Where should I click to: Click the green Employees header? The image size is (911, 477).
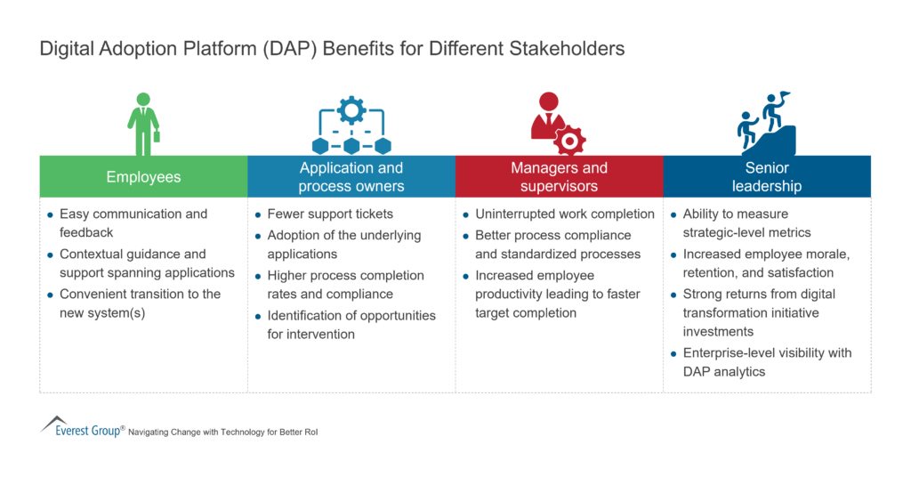pos(143,177)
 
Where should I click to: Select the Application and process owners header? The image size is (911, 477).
pos(351,177)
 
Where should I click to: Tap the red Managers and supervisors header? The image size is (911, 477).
pos(559,177)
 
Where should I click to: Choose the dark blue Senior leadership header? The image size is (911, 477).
pos(766,177)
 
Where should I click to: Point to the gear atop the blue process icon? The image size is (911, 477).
pos(351,109)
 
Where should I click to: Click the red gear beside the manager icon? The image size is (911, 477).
pos(569,140)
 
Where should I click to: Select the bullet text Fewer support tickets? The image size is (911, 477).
pos(329,214)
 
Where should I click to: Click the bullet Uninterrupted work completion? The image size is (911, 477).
pos(564,214)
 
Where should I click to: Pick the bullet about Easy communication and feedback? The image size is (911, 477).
pos(133,223)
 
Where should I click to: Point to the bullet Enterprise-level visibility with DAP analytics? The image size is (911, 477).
pos(767,362)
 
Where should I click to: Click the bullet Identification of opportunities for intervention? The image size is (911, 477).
pos(351,325)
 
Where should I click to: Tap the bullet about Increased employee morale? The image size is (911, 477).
pos(765,263)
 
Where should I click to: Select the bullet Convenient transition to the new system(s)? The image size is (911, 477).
pos(140,303)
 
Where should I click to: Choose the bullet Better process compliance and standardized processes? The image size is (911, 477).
pos(558,245)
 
